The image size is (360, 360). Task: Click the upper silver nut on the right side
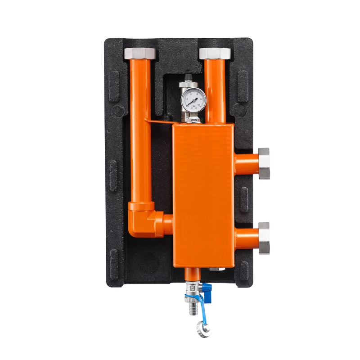[264, 163]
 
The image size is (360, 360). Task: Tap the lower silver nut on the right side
[264, 238]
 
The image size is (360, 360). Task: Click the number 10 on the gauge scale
[201, 104]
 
